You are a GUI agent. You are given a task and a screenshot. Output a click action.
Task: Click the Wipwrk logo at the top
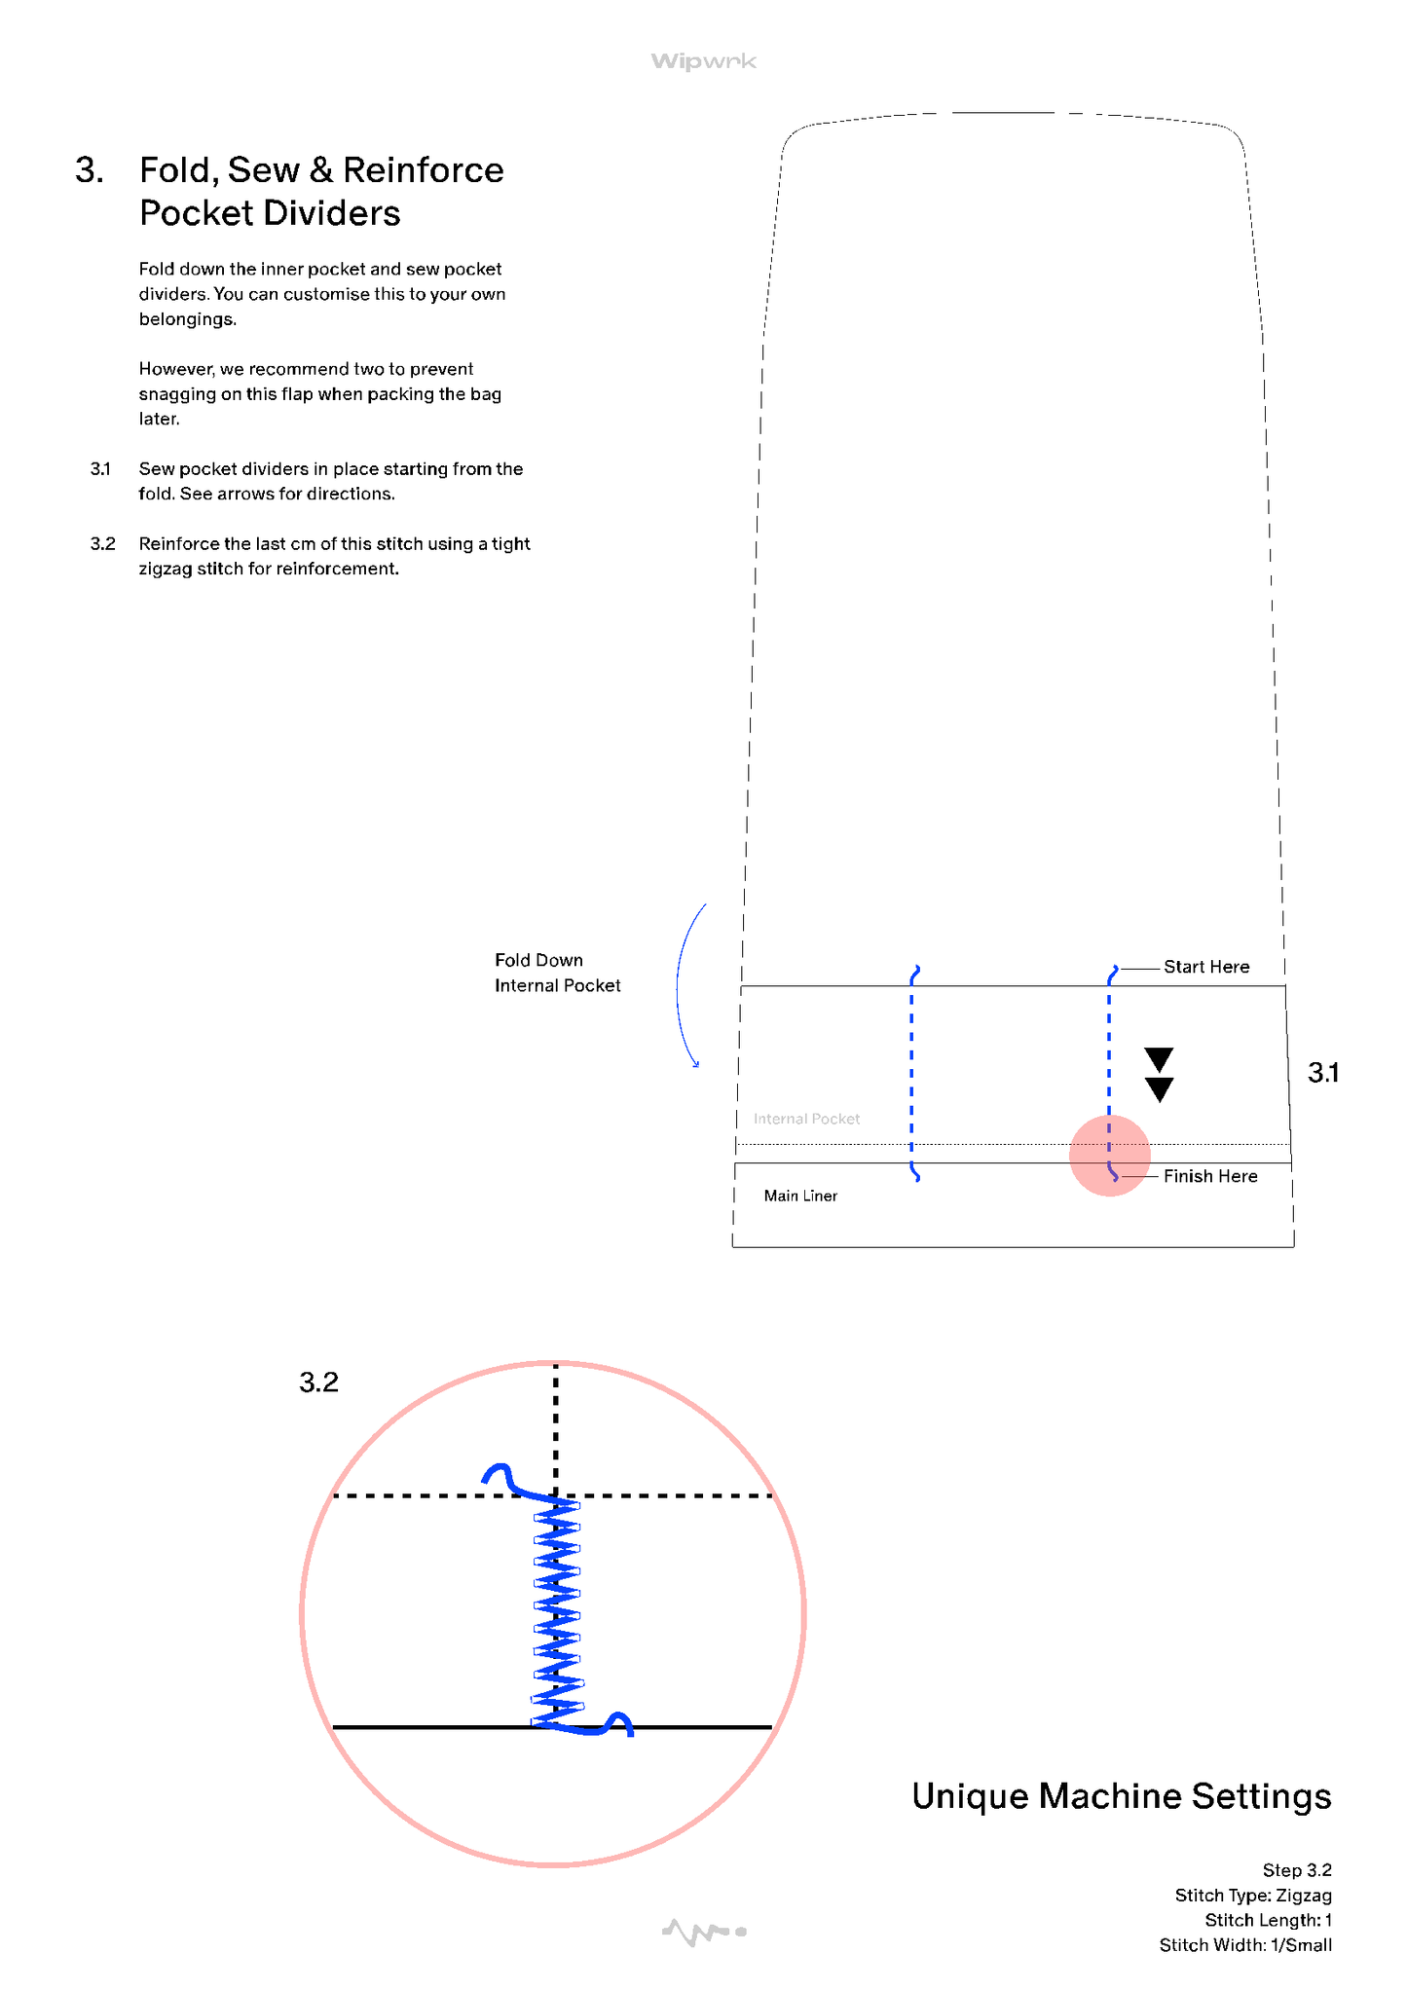click(x=703, y=61)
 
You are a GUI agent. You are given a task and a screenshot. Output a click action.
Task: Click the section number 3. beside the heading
click(x=90, y=170)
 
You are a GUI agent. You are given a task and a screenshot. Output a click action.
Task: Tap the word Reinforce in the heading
click(x=423, y=170)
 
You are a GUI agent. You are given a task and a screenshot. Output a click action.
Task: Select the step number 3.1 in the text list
click(x=100, y=469)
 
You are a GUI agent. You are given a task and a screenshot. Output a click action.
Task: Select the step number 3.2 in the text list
click(x=102, y=544)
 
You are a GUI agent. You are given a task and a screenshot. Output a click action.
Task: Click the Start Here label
click(x=1206, y=967)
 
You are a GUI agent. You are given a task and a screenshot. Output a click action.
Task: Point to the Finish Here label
click(x=1210, y=1176)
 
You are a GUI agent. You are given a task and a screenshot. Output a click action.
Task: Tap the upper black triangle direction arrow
click(x=1159, y=1059)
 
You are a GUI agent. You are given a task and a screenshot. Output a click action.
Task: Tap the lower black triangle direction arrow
click(x=1159, y=1089)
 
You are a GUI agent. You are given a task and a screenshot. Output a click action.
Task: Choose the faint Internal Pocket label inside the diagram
click(x=806, y=1119)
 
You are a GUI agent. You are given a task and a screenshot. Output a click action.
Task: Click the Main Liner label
click(x=800, y=1196)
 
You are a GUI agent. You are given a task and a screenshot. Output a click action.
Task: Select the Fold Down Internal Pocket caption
click(x=557, y=973)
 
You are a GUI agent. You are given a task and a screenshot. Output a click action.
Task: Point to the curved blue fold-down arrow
click(x=682, y=983)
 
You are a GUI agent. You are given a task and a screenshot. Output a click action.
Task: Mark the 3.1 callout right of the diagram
click(x=1323, y=1073)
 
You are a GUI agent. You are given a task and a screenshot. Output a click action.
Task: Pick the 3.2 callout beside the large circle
click(x=318, y=1382)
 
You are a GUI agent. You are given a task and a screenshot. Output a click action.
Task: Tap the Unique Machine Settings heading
click(x=1121, y=1796)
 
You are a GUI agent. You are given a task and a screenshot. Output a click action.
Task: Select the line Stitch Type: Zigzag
click(x=1252, y=1896)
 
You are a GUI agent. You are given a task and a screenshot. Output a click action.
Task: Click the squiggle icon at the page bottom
click(x=703, y=1932)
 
